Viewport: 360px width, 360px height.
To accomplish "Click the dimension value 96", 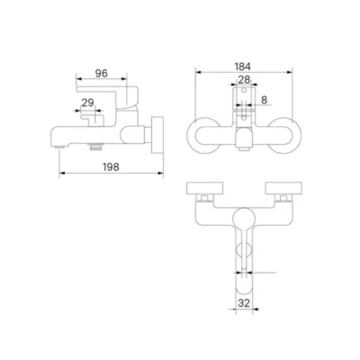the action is click(102, 73).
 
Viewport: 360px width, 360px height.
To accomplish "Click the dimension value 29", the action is click(87, 103).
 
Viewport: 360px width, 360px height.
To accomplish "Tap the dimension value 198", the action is click(111, 167).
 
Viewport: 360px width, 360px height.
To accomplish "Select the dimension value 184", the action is click(243, 67).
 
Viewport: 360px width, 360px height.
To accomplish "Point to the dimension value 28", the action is click(244, 79).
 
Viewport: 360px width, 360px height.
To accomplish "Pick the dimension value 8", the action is click(264, 100).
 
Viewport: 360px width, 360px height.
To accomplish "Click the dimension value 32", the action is click(245, 303).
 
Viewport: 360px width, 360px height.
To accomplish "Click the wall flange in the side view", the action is click(157, 136).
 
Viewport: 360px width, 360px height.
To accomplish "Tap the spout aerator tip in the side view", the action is click(61, 147).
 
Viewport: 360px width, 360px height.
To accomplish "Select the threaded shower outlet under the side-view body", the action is click(95, 146).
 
